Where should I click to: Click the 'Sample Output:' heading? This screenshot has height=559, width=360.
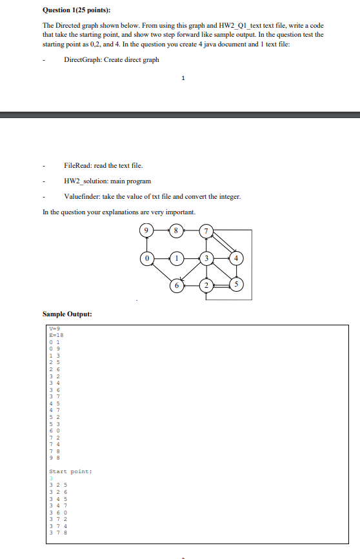(67, 314)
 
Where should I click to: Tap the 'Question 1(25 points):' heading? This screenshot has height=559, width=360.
(75, 10)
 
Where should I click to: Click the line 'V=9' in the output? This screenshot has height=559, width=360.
(54, 329)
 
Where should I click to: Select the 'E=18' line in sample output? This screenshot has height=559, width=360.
(55, 336)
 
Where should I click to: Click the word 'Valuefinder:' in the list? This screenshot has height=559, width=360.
(84, 197)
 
